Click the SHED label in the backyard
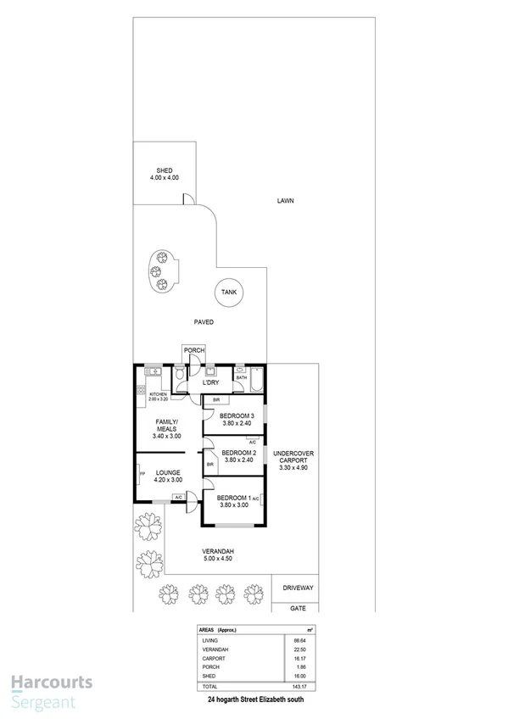[x=164, y=171]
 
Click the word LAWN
[x=285, y=201]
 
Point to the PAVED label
[x=203, y=322]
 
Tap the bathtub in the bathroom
[x=252, y=384]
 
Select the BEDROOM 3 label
[x=237, y=416]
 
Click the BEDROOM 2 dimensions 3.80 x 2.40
[x=237, y=460]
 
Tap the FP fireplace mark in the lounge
[x=142, y=473]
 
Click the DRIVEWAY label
[x=298, y=588]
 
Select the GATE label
[x=298, y=608]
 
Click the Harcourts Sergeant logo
[x=51, y=688]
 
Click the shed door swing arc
[x=190, y=199]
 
